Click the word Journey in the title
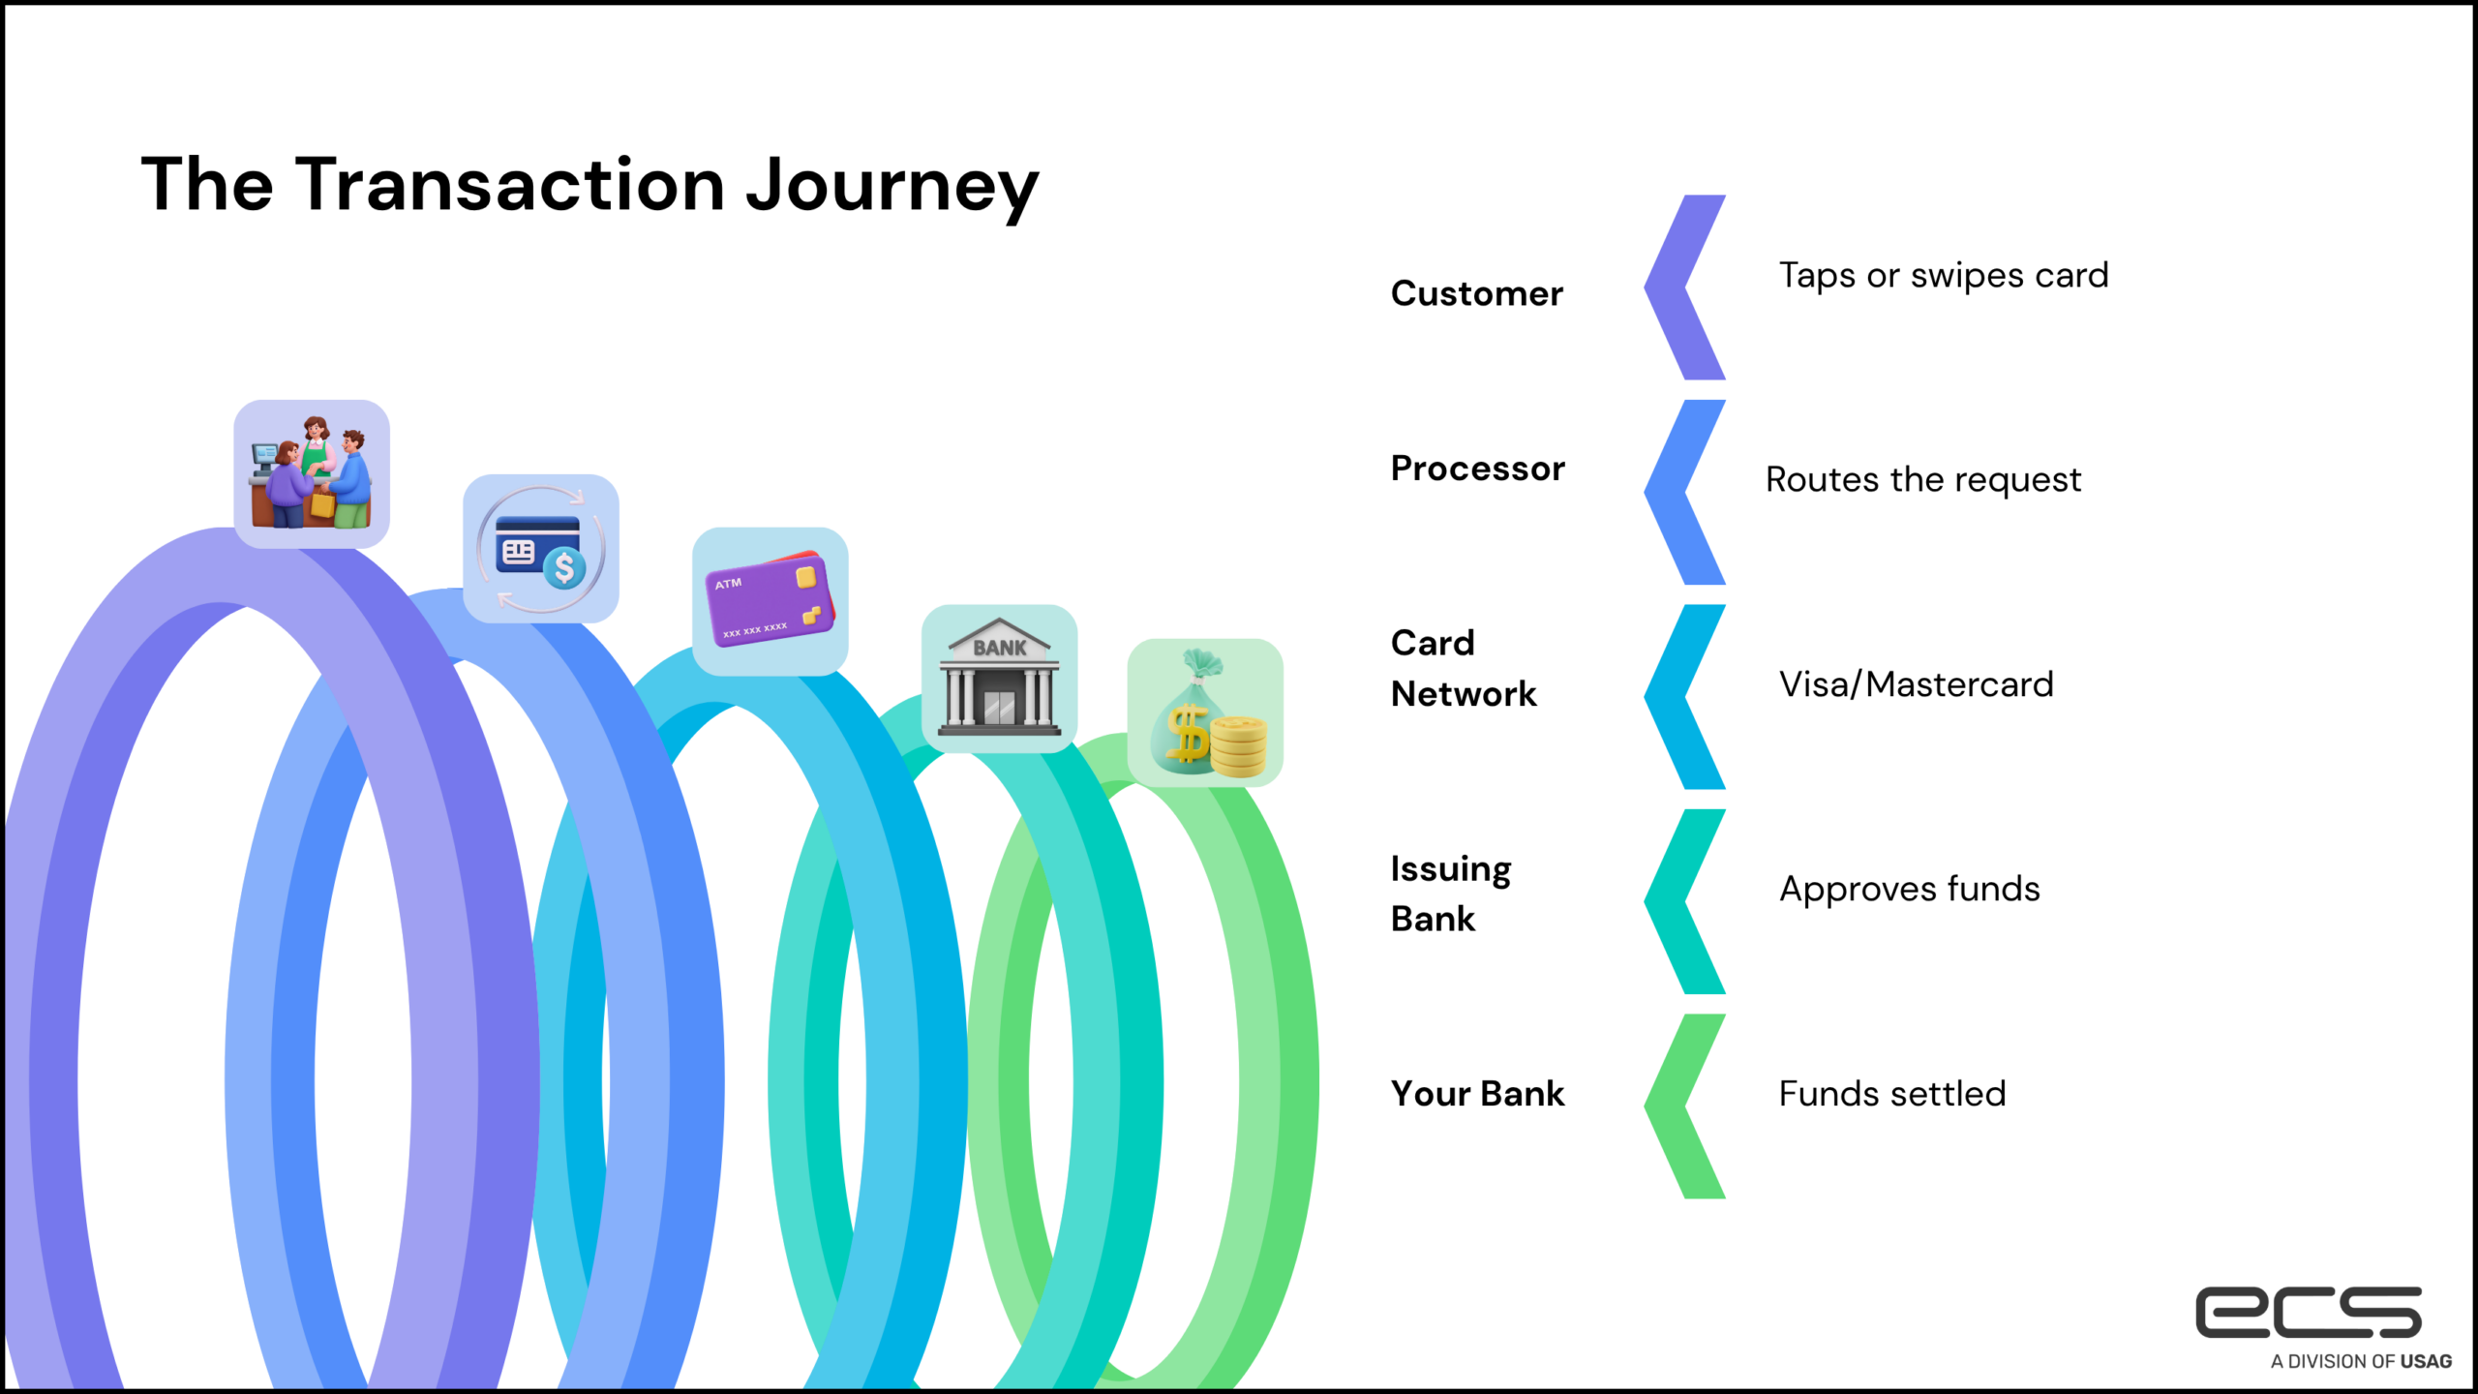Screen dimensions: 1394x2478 pos(891,186)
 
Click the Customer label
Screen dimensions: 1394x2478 pos(1476,293)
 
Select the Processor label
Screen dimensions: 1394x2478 pos(1477,469)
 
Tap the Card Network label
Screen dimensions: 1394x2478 pos(1463,668)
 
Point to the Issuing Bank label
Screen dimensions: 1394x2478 pos(1450,893)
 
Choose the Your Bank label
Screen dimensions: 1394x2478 pos(1477,1094)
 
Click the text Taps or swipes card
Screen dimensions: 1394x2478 pos(1943,276)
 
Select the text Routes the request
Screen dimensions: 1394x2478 pos(1922,480)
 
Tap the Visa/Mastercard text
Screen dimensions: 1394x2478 pos(1916,684)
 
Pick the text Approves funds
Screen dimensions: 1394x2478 pos(1909,889)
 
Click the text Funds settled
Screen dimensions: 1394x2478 pos(1891,1094)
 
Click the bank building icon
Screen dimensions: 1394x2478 pos(999,678)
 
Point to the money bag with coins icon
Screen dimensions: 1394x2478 pos(1205,712)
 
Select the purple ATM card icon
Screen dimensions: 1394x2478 pos(770,601)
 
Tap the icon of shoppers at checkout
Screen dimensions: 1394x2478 pos(311,473)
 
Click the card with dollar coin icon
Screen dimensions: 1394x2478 pos(540,549)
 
